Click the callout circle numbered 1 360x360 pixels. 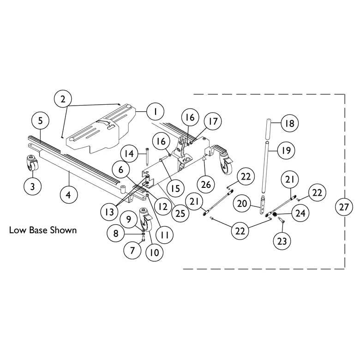[x=156, y=111]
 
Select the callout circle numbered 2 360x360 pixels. [x=63, y=99]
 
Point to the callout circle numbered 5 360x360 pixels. [x=41, y=121]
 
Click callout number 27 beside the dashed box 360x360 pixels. [x=343, y=207]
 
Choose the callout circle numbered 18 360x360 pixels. [x=290, y=123]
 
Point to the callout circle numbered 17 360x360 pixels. [x=213, y=122]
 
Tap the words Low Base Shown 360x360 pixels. [x=43, y=229]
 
